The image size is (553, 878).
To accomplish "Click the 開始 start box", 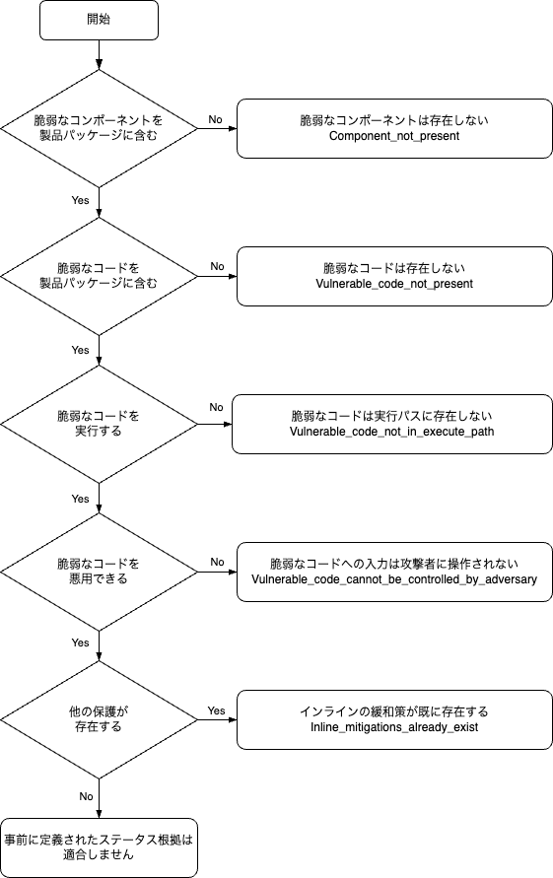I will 99,20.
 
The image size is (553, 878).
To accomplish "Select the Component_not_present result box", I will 394,128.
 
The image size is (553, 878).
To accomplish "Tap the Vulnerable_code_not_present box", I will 394,276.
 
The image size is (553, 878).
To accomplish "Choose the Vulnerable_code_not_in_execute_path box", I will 391,424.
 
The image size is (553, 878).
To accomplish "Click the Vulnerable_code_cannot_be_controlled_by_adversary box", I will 394,572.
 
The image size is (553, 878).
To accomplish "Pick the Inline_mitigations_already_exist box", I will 394,719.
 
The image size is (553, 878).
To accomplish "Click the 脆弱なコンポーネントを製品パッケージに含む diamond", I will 99,128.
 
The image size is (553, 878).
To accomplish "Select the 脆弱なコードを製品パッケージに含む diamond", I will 99,276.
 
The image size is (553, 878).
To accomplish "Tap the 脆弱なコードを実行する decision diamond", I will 99,424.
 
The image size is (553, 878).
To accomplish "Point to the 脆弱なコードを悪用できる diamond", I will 99,572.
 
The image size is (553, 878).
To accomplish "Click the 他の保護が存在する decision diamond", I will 99,719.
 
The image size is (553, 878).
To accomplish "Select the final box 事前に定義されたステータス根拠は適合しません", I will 99,847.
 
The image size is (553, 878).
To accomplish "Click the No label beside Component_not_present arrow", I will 216,119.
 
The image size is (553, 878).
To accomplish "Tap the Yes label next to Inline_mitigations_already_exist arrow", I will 216,710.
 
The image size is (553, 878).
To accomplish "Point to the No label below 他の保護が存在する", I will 86,795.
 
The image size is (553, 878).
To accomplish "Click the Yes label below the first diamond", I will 81,200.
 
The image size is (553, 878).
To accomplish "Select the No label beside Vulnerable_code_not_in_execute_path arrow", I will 216,407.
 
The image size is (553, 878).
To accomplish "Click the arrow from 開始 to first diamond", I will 99,54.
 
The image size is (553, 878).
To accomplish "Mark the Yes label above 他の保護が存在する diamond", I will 81,643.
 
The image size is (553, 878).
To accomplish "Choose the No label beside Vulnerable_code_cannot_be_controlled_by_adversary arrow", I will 216,563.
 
